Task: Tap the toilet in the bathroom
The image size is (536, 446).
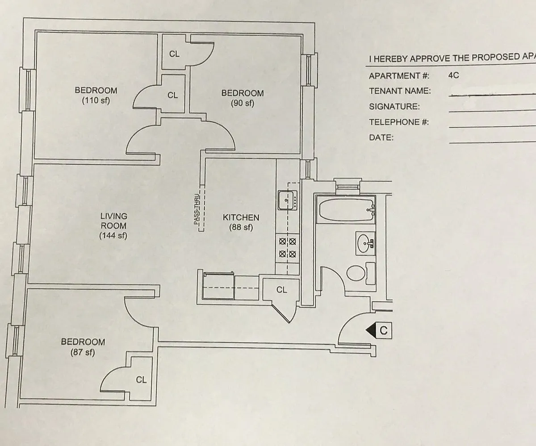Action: tap(356, 273)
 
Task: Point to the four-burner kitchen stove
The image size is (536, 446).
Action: tap(287, 248)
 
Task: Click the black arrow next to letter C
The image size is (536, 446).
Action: tap(371, 331)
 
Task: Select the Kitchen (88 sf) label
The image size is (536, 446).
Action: tap(241, 222)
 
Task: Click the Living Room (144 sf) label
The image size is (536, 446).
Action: tap(113, 226)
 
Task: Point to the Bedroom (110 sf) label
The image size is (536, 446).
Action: tap(96, 95)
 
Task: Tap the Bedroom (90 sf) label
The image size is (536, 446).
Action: tap(243, 98)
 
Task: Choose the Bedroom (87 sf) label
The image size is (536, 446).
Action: tap(83, 347)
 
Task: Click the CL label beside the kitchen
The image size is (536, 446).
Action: tap(281, 290)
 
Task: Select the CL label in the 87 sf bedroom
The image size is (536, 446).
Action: tap(141, 380)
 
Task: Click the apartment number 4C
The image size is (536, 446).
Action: tap(453, 75)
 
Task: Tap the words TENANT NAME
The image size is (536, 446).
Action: tap(400, 91)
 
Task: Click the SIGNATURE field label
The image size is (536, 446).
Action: tap(394, 107)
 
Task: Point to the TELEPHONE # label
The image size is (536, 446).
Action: tap(398, 122)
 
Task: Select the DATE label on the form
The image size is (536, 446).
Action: tap(381, 138)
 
